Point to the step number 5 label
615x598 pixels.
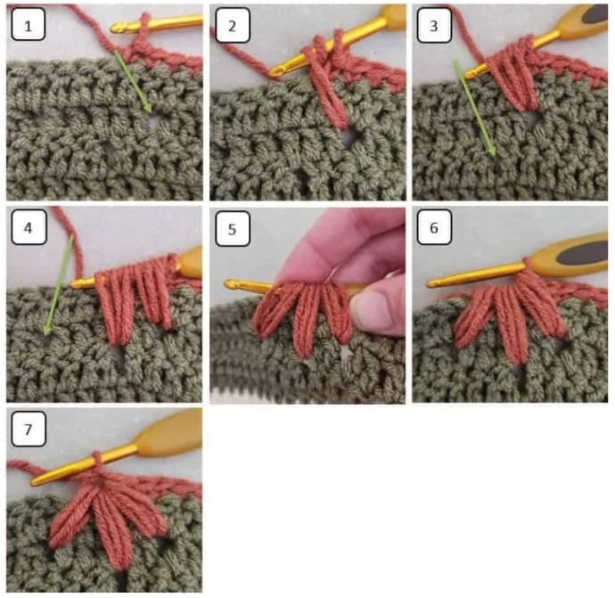pyautogui.click(x=232, y=228)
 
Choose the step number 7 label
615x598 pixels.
pyautogui.click(x=29, y=430)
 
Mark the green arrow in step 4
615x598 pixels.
pyautogui.click(x=57, y=285)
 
